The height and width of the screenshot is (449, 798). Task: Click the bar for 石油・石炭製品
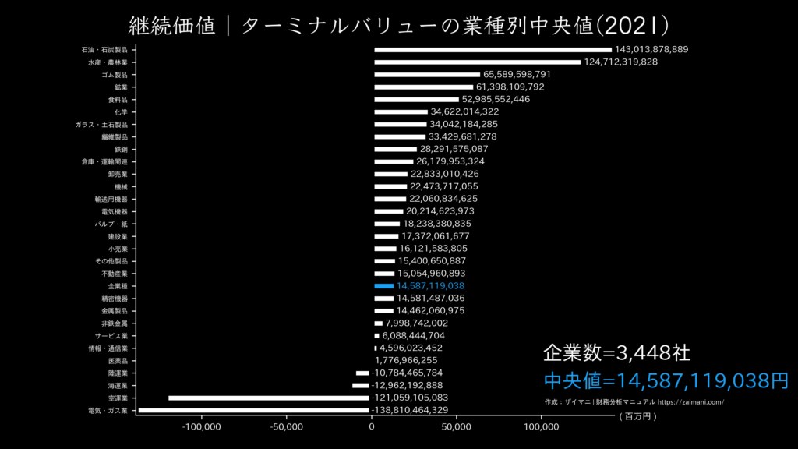(493, 50)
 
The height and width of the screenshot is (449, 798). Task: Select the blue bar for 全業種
(384, 286)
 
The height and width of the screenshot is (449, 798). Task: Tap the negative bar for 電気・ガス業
(253, 410)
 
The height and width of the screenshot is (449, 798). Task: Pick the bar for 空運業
(269, 398)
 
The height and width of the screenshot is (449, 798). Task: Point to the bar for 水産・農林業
(477, 62)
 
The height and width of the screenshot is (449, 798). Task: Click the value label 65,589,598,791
(517, 75)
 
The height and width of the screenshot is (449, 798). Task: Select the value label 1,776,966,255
(406, 360)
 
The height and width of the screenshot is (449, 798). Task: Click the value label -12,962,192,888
(408, 385)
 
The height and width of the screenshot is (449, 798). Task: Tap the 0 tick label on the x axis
(372, 426)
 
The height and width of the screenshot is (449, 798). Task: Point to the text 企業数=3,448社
(616, 353)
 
